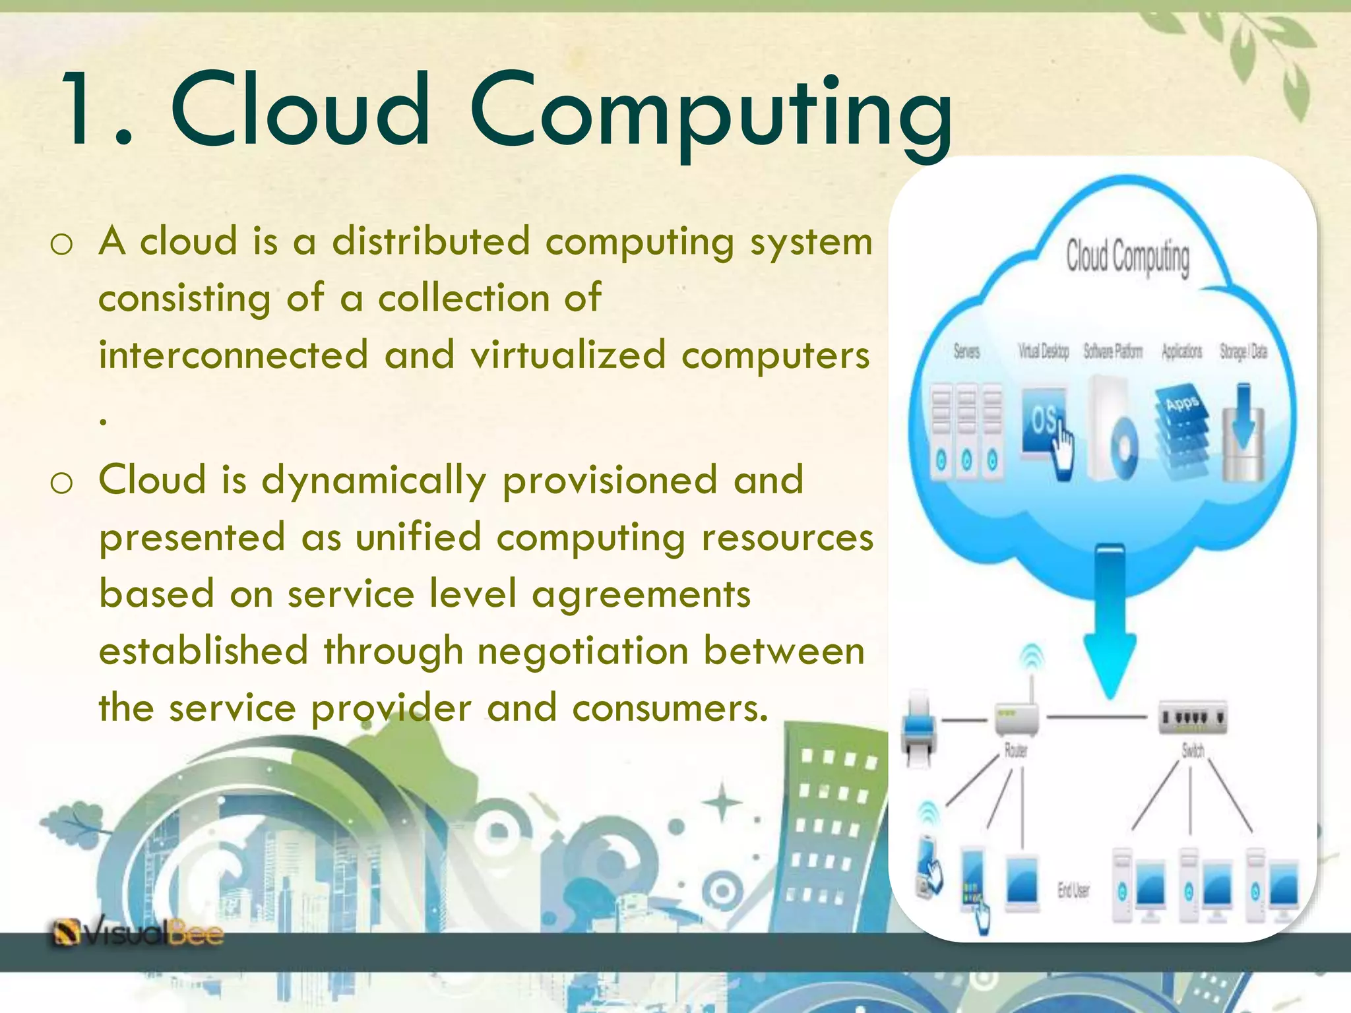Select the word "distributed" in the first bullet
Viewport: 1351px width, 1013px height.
[431, 241]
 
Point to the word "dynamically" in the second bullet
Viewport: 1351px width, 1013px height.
[374, 480]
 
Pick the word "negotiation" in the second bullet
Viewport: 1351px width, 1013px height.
[583, 651]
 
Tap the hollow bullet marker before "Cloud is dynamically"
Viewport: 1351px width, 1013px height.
[61, 483]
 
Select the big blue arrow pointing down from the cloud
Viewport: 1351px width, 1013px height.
[1110, 620]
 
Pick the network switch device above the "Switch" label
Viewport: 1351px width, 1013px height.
[1193, 717]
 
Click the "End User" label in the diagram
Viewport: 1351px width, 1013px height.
[1073, 890]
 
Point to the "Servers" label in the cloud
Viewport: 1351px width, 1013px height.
[966, 352]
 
